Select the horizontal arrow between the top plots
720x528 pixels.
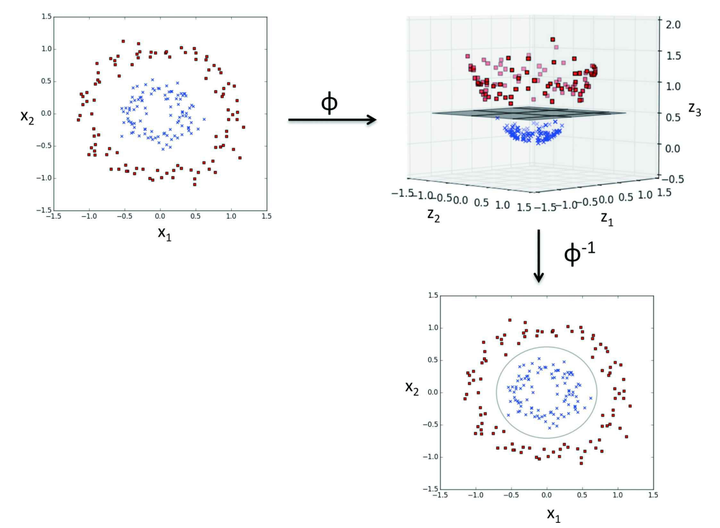click(x=331, y=121)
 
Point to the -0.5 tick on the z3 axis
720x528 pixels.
click(x=676, y=180)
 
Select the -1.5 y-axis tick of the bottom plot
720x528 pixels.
click(x=427, y=488)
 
